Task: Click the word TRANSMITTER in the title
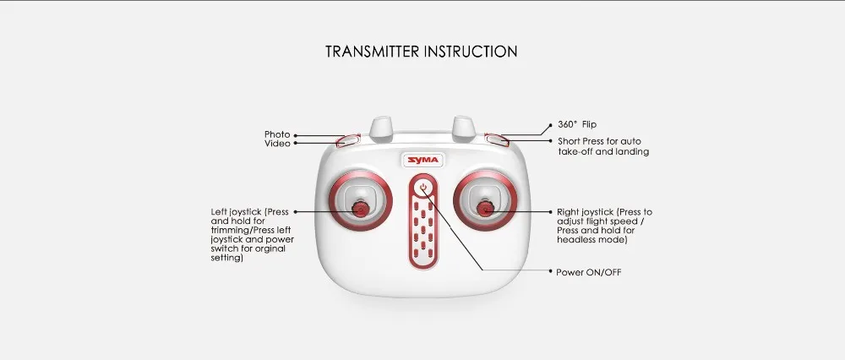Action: [373, 52]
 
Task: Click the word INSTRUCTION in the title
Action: [471, 52]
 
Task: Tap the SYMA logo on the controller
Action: [423, 160]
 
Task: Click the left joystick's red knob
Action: [359, 208]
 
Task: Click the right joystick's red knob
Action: [486, 209]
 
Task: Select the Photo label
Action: [277, 134]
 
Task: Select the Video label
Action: [277, 144]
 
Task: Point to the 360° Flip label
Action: [577, 124]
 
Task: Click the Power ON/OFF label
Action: [588, 273]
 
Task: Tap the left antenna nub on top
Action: [380, 128]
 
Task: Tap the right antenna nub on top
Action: [463, 128]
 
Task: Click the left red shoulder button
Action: [347, 140]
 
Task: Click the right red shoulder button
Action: [497, 140]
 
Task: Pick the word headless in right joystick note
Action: [575, 240]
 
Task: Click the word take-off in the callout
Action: [575, 152]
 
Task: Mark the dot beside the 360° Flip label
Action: [550, 126]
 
